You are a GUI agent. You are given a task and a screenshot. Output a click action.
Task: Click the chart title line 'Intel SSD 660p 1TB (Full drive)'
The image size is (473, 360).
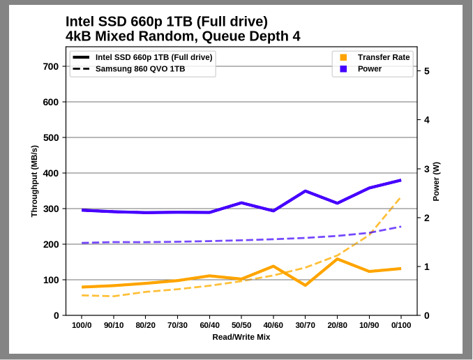click(166, 22)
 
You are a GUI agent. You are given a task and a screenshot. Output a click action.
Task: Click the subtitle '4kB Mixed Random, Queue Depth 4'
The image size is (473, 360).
click(183, 36)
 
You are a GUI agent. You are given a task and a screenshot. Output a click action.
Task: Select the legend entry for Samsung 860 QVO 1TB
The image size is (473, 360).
click(140, 68)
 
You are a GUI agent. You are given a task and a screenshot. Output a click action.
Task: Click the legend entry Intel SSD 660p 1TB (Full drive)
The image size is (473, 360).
click(153, 57)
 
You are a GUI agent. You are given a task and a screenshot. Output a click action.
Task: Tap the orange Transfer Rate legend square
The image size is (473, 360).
click(343, 57)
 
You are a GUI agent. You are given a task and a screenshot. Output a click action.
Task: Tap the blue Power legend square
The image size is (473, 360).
click(343, 68)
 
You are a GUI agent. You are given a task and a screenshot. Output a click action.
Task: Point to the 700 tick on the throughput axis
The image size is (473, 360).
click(51, 66)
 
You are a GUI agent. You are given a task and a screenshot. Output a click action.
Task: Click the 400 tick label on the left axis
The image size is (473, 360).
click(51, 173)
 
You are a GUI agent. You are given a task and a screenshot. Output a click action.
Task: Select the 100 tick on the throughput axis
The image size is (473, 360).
click(51, 280)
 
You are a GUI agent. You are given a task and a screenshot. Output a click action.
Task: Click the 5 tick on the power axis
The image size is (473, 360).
click(426, 71)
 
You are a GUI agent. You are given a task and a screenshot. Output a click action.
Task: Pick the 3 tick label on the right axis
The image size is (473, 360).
click(426, 169)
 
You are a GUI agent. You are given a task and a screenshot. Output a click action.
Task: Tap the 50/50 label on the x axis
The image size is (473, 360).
click(241, 325)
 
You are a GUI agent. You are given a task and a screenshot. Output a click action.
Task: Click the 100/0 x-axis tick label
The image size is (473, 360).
click(82, 325)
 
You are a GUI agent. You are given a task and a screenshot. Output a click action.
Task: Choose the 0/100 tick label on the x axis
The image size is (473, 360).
click(400, 325)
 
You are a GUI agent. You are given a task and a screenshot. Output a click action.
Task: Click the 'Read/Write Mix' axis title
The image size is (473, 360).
click(241, 337)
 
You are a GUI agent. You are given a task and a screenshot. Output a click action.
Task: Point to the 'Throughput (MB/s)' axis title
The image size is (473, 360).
click(34, 181)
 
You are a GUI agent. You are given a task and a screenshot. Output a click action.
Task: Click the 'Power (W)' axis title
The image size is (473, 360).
click(437, 181)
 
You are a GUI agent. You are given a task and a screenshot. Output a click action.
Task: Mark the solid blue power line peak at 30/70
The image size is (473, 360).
click(305, 191)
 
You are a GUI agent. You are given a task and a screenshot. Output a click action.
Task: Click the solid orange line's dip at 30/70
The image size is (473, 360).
click(305, 285)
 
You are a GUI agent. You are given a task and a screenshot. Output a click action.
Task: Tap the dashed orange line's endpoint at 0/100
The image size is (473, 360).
click(400, 197)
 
